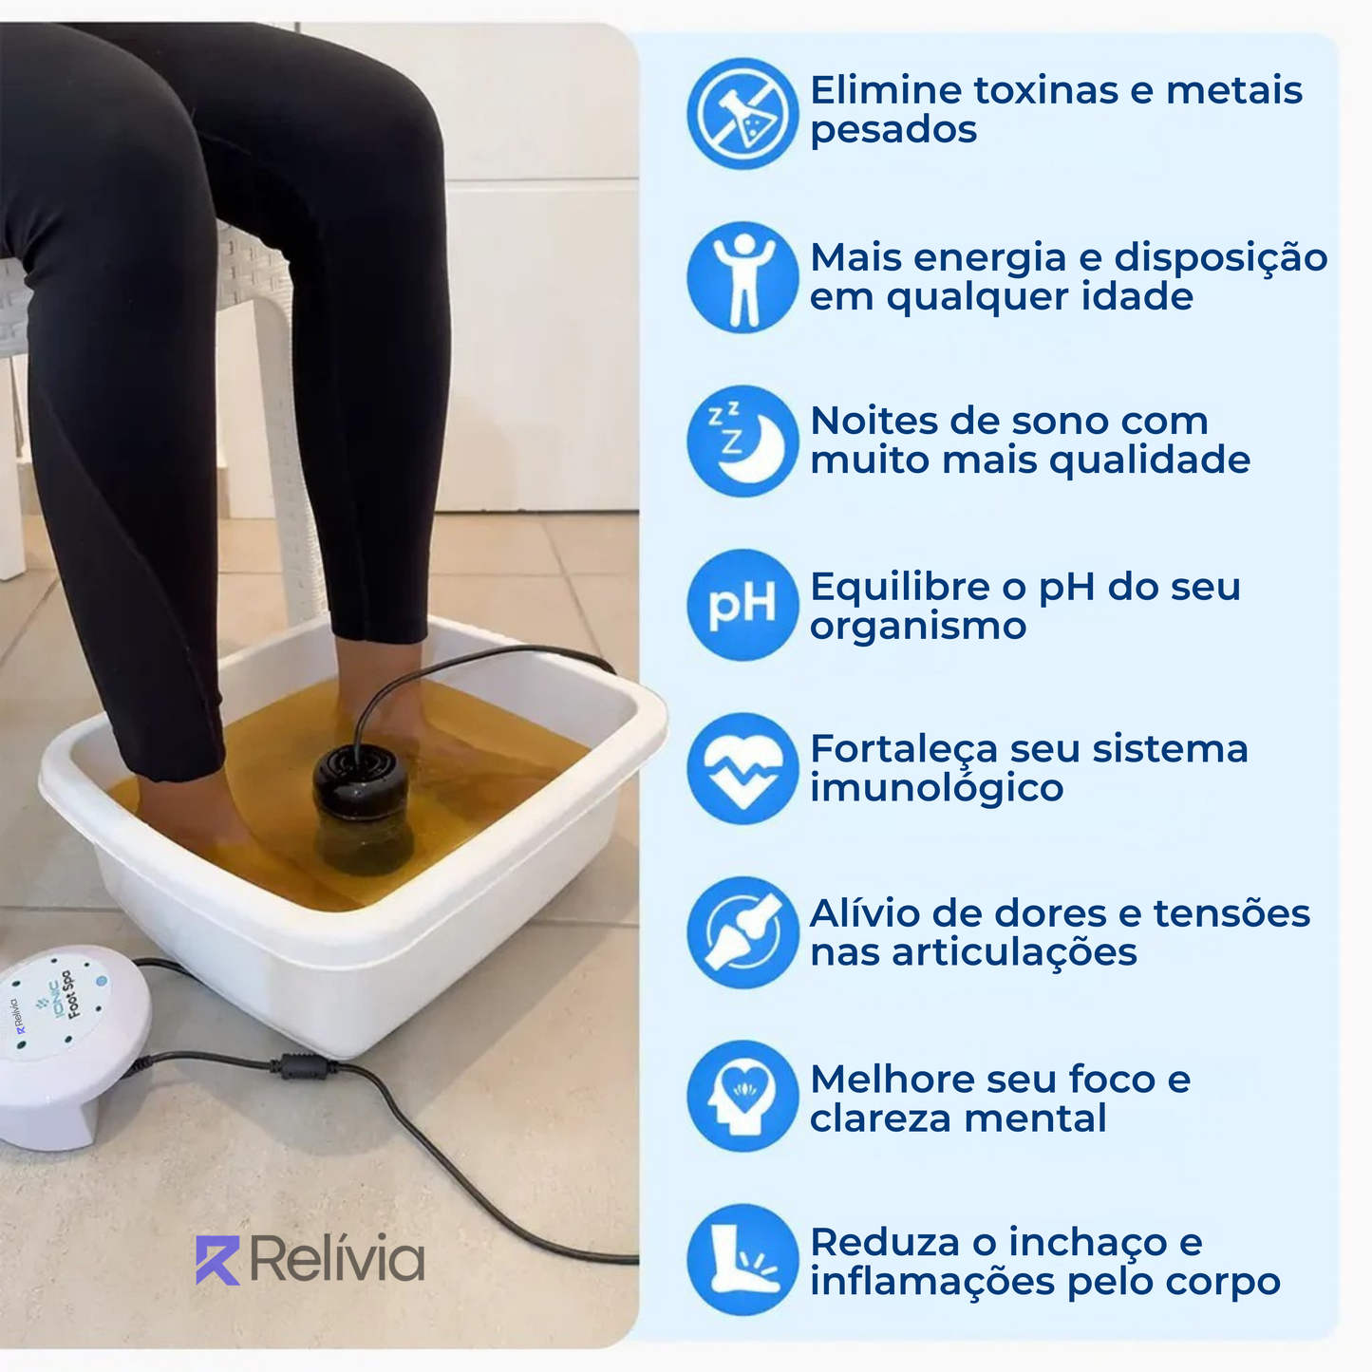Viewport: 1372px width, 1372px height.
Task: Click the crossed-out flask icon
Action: (x=742, y=114)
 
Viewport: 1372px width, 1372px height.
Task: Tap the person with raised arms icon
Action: (x=742, y=277)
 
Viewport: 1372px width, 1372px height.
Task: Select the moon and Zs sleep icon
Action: (x=742, y=442)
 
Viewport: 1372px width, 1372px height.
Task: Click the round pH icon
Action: (x=742, y=605)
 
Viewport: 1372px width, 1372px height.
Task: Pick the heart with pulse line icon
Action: (x=742, y=769)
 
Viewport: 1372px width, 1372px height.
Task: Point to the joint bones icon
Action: (x=742, y=932)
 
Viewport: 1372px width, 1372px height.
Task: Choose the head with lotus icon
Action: (x=742, y=1097)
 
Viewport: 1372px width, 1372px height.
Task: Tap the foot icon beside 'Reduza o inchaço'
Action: (x=742, y=1260)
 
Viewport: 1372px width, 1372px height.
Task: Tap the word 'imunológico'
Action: (x=936, y=788)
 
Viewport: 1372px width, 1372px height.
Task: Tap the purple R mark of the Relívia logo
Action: (x=217, y=1260)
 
